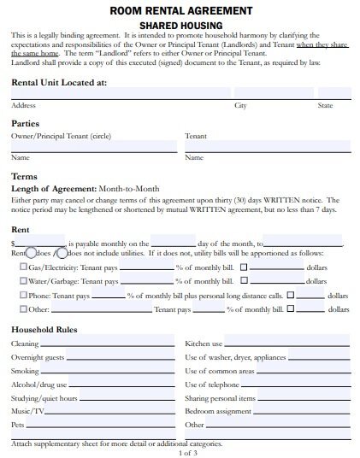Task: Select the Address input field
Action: pyautogui.click(x=120, y=93)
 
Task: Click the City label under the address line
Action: pyautogui.click(x=240, y=105)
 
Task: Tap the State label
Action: pyautogui.click(x=325, y=105)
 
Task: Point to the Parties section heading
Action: pyautogui.click(x=27, y=123)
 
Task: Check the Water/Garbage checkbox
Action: pyautogui.click(x=23, y=279)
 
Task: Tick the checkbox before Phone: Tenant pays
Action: pyautogui.click(x=23, y=295)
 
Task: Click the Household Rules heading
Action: pyautogui.click(x=44, y=330)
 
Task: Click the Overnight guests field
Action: pyautogui.click(x=120, y=357)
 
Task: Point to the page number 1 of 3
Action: pyautogui.click(x=180, y=451)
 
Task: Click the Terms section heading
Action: pyautogui.click(x=24, y=176)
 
